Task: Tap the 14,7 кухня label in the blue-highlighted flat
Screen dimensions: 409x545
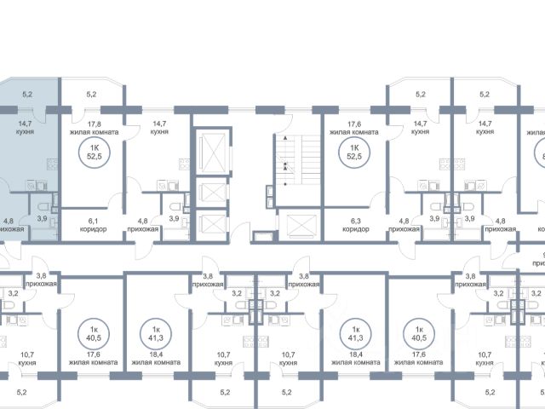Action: click(x=26, y=128)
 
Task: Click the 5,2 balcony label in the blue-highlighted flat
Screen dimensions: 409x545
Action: click(x=26, y=94)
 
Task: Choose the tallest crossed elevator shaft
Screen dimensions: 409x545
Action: click(x=207, y=152)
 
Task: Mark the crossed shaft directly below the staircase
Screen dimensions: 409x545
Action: click(x=301, y=224)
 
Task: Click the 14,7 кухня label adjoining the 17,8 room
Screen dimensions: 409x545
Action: click(x=158, y=128)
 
